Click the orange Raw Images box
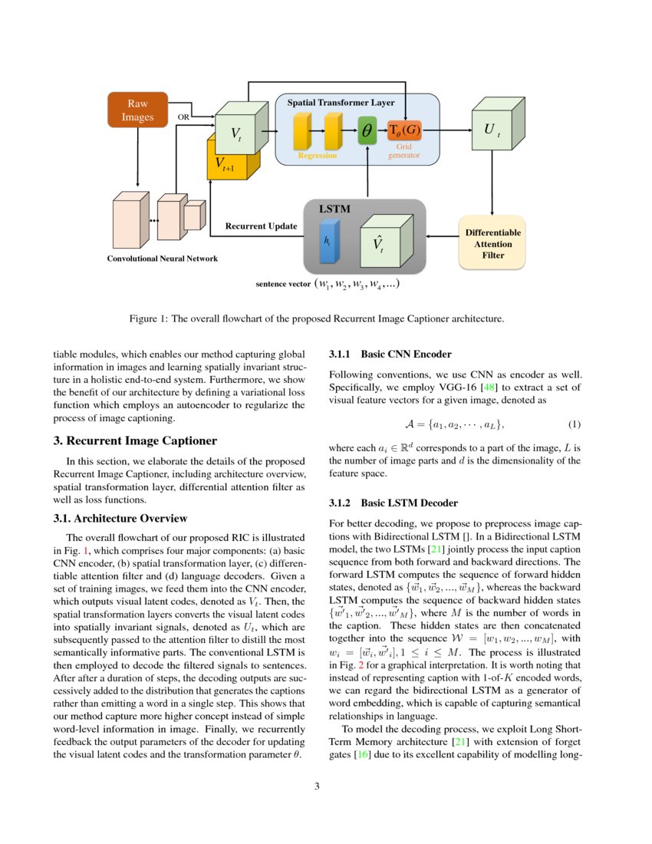pyautogui.click(x=137, y=110)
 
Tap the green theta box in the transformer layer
pyautogui.click(x=367, y=131)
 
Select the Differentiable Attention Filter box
pyautogui.click(x=492, y=243)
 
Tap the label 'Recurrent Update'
pyautogui.click(x=261, y=227)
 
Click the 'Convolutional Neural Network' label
pyautogui.click(x=162, y=259)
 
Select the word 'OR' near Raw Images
pyautogui.click(x=183, y=117)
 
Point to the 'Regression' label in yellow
pyautogui.click(x=317, y=156)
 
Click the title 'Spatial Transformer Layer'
pyautogui.click(x=341, y=102)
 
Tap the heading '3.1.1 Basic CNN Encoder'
pyautogui.click(x=390, y=354)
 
